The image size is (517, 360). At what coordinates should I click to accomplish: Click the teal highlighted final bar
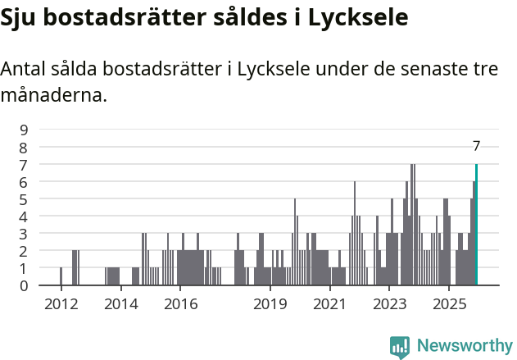[476, 226]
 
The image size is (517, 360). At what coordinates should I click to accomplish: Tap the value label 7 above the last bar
[476, 146]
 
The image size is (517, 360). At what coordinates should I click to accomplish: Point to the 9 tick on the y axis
[24, 130]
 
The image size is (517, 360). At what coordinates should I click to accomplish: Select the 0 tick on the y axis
[24, 285]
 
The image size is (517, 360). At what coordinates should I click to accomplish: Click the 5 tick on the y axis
[24, 198]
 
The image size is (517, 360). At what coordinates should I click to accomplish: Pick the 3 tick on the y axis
[24, 234]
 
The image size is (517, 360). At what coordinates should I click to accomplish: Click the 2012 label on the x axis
[61, 304]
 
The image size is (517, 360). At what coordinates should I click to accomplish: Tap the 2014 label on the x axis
[120, 304]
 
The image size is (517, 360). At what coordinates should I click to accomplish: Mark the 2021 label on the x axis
[329, 304]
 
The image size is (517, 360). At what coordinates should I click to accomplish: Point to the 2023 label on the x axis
[389, 304]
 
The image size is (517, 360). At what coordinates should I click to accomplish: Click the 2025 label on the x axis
[449, 304]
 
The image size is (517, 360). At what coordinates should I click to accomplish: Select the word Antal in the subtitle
[25, 71]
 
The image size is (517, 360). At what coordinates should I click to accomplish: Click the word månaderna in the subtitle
[54, 95]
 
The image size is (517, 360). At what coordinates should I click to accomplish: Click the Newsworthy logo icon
[400, 346]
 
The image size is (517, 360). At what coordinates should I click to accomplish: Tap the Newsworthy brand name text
[464, 346]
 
